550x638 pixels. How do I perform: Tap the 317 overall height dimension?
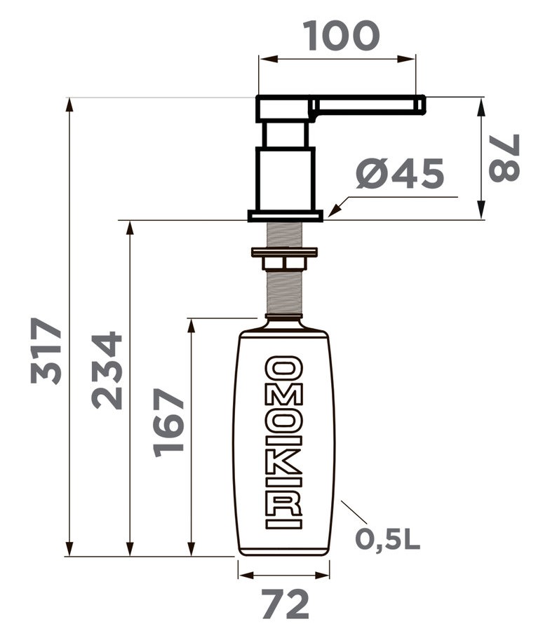46,351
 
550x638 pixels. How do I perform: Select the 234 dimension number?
107,370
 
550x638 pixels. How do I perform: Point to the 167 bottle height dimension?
168,423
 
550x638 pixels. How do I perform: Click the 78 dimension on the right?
504,158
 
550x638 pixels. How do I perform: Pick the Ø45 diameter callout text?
399,173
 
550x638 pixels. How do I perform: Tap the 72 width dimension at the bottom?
285,604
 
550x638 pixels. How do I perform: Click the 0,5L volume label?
387,540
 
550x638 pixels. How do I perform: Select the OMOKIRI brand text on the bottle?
283,442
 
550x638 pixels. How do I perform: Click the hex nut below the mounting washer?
284,263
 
